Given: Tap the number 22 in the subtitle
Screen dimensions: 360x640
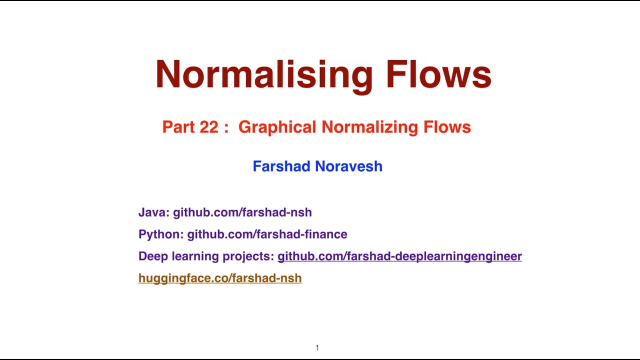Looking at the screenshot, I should pyautogui.click(x=209, y=127).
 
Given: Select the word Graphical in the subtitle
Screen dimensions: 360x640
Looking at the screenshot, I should pyautogui.click(x=277, y=127).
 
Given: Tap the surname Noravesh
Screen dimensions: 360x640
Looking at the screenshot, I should pyautogui.click(x=351, y=166).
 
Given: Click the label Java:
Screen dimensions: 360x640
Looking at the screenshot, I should pyautogui.click(x=153, y=212).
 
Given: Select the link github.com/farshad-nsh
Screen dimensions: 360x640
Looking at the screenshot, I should pyautogui.click(x=242, y=212).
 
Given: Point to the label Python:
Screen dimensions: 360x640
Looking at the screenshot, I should pyautogui.click(x=161, y=234).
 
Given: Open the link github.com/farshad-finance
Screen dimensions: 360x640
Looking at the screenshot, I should pyautogui.click(x=267, y=234).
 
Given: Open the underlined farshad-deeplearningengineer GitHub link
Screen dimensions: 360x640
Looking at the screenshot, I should pyautogui.click(x=399, y=256).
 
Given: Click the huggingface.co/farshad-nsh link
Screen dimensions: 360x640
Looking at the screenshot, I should pyautogui.click(x=220, y=278).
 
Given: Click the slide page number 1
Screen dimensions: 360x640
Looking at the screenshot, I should pyautogui.click(x=317, y=348).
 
